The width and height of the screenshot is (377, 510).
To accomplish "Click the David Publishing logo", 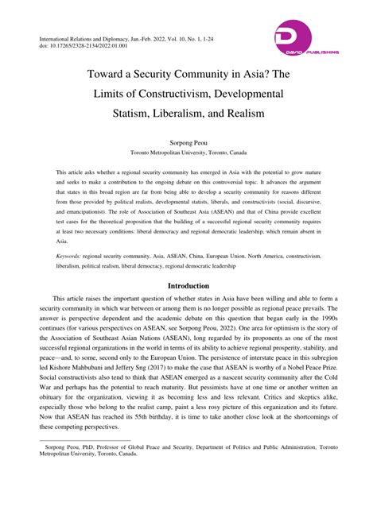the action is (305, 40).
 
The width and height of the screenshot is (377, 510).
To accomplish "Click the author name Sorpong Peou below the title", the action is (188, 138).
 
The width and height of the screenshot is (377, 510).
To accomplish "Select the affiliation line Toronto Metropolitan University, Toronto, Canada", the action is (188, 150).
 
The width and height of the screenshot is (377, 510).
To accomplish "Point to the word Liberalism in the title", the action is (181, 114).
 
